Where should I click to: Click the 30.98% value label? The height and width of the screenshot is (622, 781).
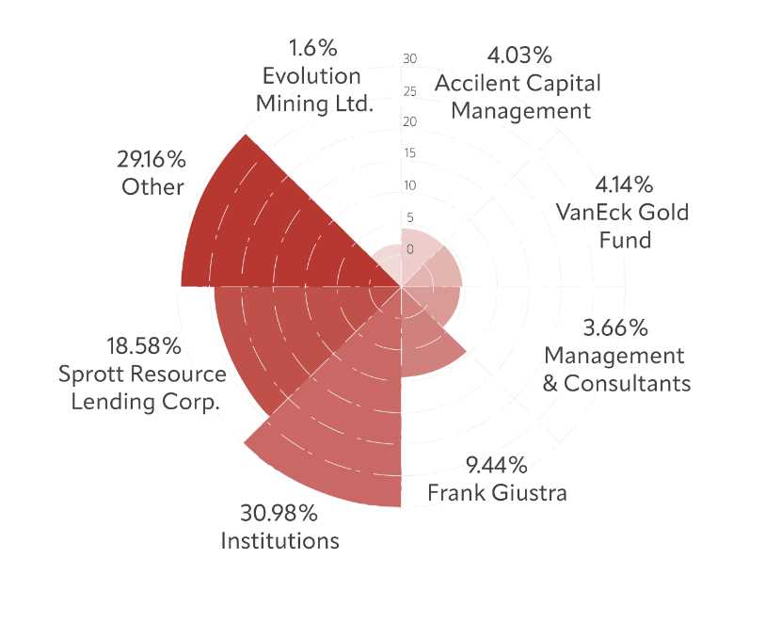tap(279, 515)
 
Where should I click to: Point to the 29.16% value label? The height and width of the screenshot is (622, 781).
tap(152, 159)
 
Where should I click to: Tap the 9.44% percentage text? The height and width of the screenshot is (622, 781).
tap(497, 465)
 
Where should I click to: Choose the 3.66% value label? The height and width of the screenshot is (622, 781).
tap(615, 328)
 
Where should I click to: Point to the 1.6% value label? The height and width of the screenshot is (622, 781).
tap(313, 48)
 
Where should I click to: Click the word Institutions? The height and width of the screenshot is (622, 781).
tap(279, 541)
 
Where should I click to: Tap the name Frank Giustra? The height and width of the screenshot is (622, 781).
tap(497, 492)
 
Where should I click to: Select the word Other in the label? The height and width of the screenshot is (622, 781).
tap(152, 186)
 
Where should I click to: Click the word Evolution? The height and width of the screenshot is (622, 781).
tap(312, 75)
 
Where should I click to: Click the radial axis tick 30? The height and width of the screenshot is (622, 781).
tap(409, 59)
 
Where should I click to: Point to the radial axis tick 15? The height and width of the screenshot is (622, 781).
tap(409, 154)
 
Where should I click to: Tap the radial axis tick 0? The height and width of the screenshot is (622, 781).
tap(409, 249)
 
